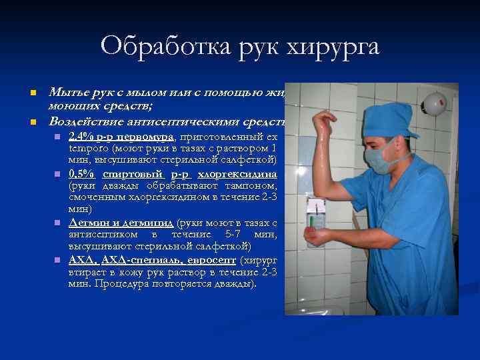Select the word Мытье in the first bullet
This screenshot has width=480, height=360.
coord(65,93)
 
